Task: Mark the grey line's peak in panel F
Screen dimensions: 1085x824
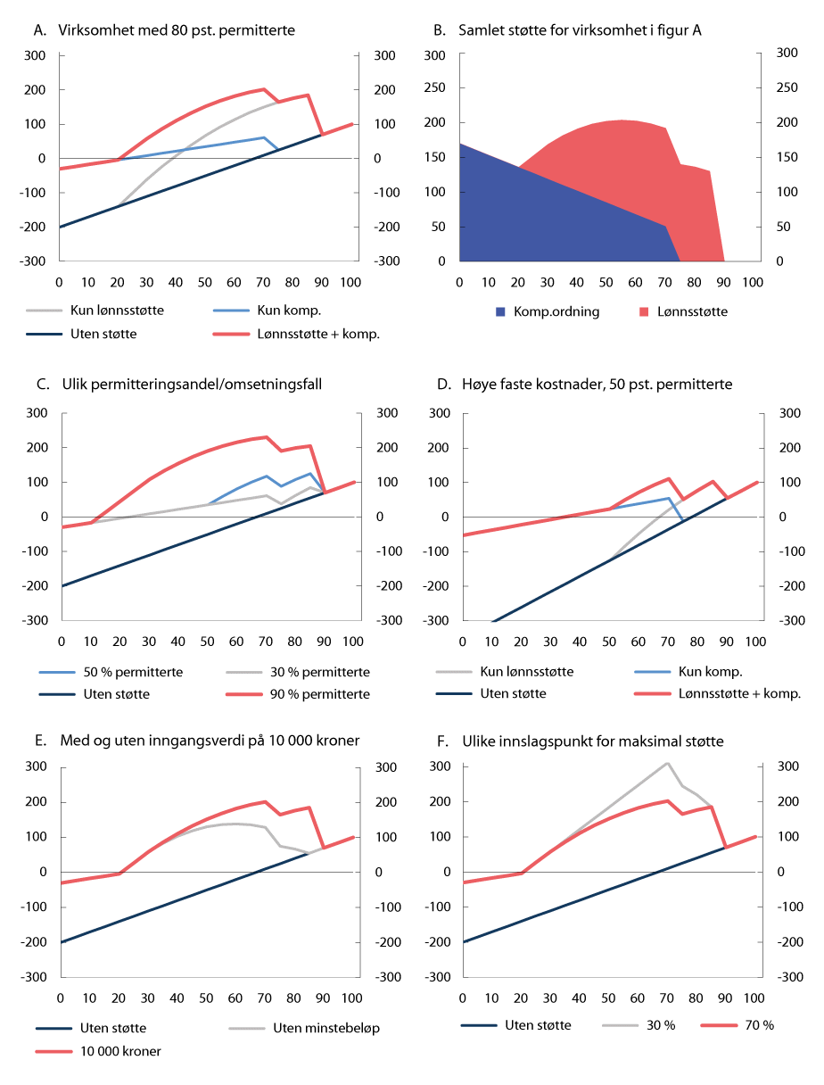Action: [x=667, y=763]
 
